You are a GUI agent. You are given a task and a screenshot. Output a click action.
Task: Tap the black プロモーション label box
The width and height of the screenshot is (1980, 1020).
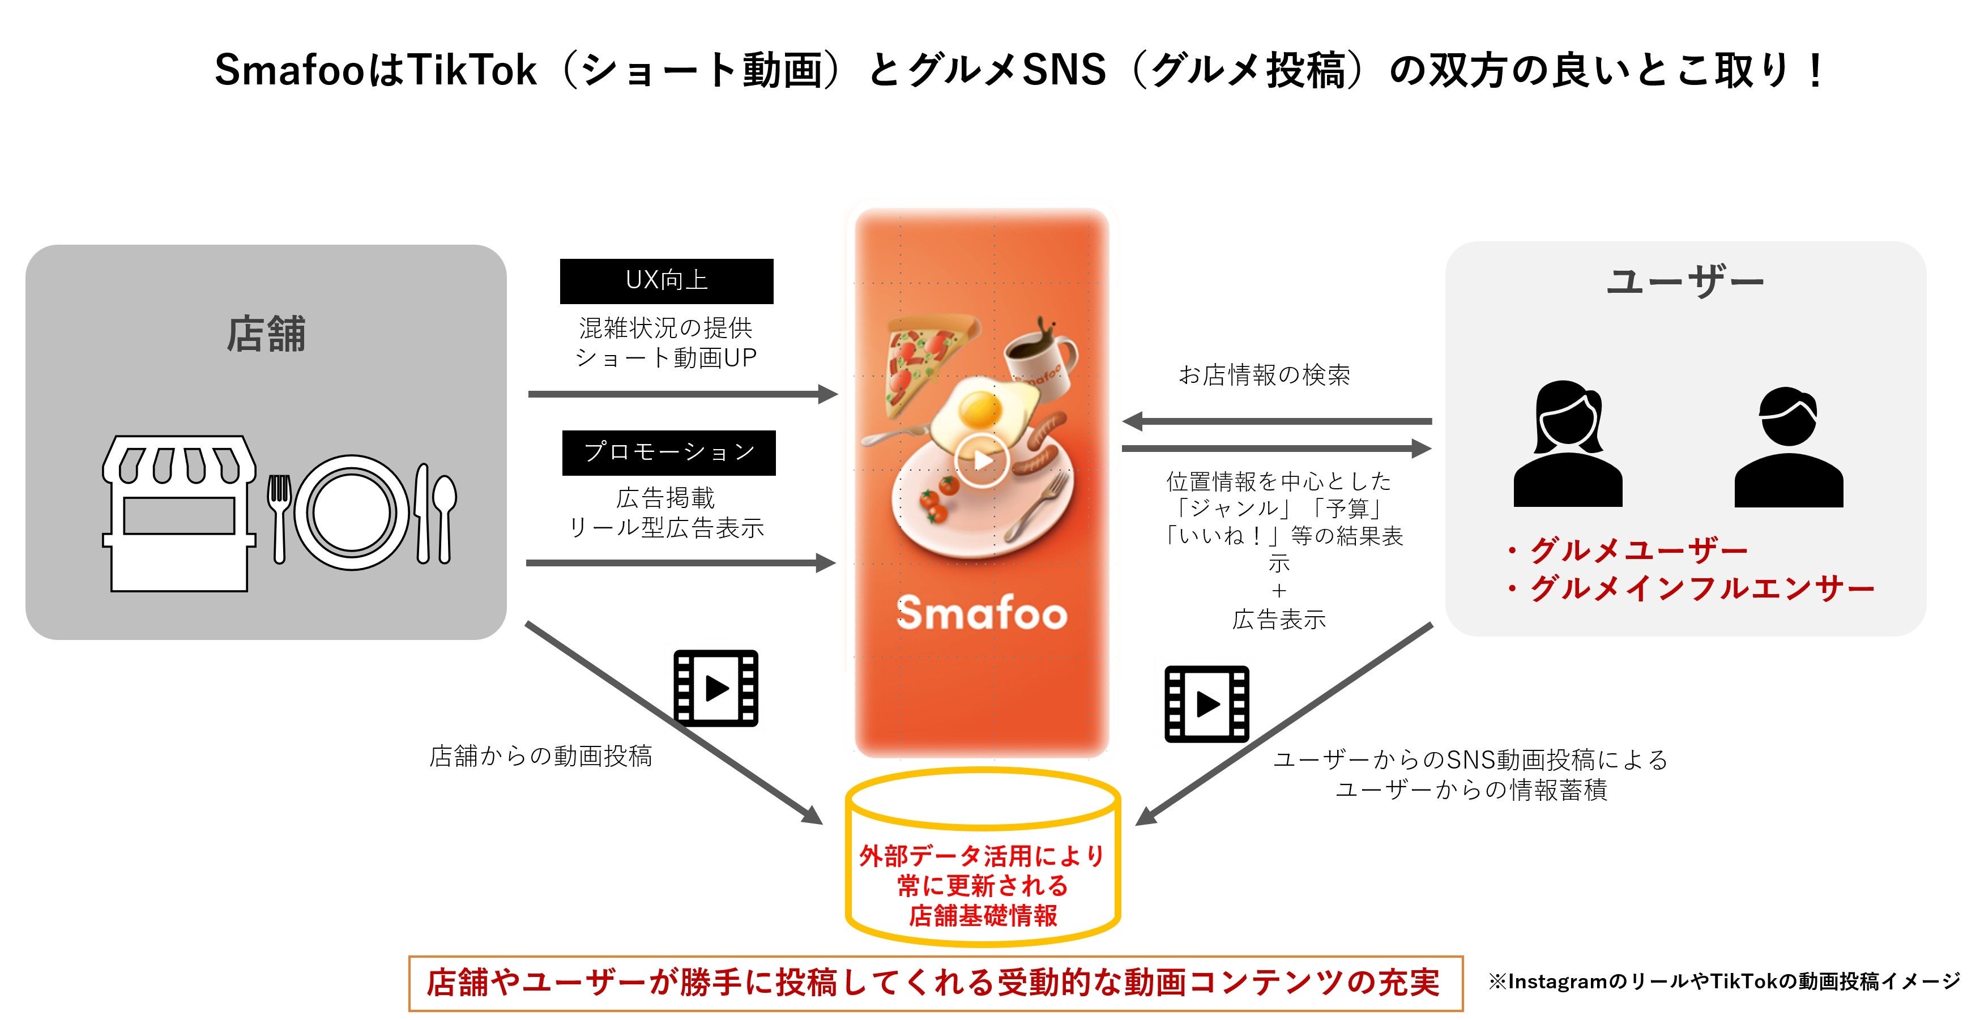tap(669, 453)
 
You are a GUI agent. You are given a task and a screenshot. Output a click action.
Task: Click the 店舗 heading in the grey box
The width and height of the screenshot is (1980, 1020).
tap(266, 334)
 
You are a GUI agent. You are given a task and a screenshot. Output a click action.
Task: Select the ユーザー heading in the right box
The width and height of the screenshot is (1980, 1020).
tap(1685, 281)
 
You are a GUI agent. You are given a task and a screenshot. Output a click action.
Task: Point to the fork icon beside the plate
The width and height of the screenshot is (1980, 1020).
tap(279, 517)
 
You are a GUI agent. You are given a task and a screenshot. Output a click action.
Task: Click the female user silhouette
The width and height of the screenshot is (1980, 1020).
tap(1568, 446)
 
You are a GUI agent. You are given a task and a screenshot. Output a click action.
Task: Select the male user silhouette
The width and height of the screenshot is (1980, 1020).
tap(1789, 449)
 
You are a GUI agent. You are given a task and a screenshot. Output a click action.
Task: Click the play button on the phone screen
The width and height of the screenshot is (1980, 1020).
tap(982, 460)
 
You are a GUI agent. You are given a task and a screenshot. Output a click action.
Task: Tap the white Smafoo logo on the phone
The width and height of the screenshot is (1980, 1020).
tap(982, 613)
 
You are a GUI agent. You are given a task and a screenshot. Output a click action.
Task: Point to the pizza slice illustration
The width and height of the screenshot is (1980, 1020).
tap(926, 357)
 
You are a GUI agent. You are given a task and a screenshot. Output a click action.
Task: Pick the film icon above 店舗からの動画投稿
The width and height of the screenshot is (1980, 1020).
tap(716, 688)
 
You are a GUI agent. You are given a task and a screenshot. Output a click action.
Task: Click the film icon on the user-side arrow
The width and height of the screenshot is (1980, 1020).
tap(1207, 704)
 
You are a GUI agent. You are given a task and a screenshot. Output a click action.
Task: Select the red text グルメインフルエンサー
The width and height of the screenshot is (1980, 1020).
tap(1702, 589)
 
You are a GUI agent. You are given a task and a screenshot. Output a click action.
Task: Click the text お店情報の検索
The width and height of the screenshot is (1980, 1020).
tap(1264, 375)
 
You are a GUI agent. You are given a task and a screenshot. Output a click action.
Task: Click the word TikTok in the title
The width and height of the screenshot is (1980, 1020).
tap(472, 70)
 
